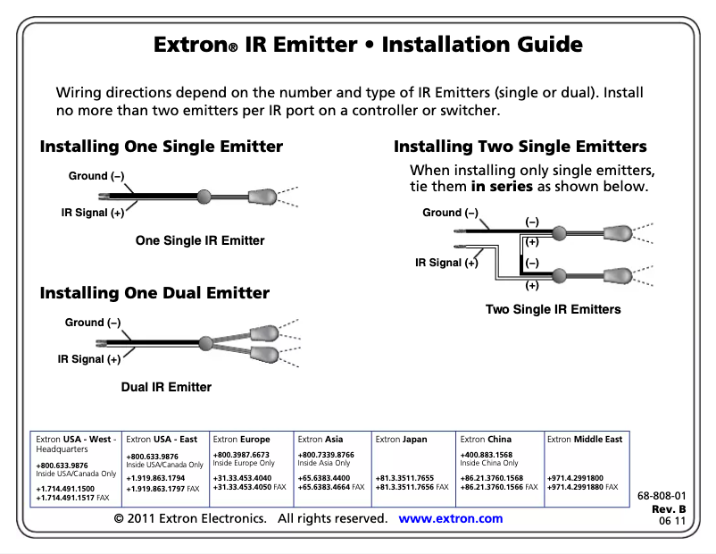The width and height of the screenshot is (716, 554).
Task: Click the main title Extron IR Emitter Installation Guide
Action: click(368, 45)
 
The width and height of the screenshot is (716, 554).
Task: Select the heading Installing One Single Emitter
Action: click(161, 147)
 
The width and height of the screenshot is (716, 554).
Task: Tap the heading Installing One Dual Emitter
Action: click(154, 293)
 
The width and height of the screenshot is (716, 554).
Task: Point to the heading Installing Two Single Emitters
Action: click(520, 147)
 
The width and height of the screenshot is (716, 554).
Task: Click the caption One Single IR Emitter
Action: click(200, 240)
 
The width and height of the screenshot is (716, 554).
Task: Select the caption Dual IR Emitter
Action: click(166, 387)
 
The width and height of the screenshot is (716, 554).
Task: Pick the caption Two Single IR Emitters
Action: click(553, 309)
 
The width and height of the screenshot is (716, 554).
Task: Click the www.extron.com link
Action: click(450, 519)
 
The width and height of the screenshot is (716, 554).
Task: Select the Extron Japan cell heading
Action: click(401, 440)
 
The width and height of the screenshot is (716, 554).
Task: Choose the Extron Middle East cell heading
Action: click(584, 440)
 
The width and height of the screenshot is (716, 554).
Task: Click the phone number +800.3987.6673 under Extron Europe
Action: click(241, 456)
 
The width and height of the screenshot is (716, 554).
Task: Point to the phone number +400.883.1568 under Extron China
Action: click(487, 456)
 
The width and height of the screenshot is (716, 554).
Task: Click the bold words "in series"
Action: click(501, 188)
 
